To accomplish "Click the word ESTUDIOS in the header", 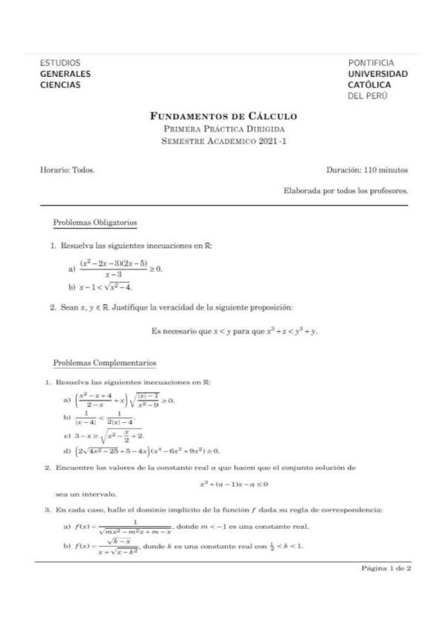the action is point(61,63).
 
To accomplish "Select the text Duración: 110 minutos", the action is point(367,170).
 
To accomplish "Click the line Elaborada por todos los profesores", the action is point(346,190).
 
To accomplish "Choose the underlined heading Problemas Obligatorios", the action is point(95,223).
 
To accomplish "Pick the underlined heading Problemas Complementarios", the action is point(105,363).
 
